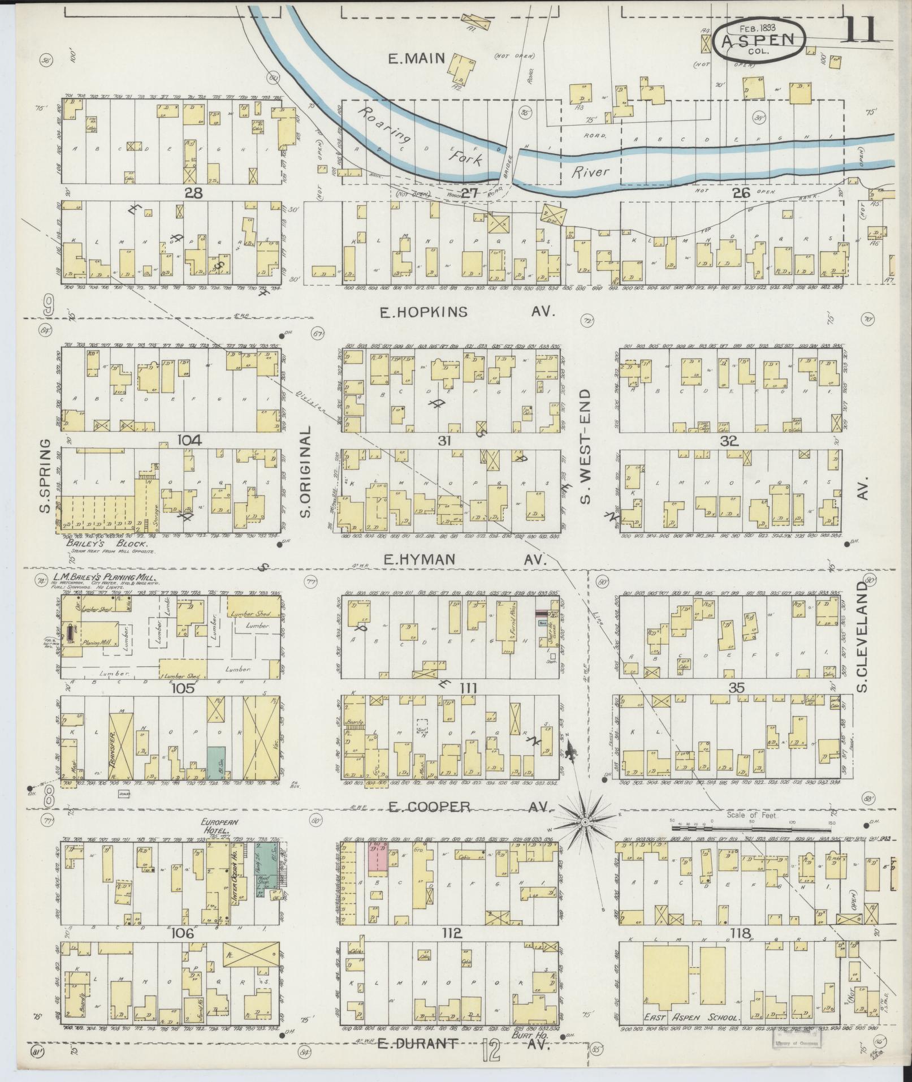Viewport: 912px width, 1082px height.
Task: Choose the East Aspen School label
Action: coord(691,1018)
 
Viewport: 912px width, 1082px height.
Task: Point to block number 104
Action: coord(177,439)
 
